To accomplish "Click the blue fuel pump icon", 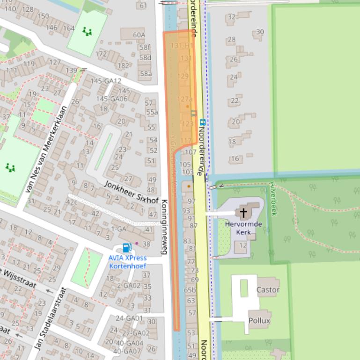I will coord(126,248).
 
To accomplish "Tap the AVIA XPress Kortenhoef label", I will coord(127,262).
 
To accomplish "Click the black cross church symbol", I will coord(243,213).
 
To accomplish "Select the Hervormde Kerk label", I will coord(243,228).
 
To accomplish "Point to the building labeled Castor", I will coord(268,289).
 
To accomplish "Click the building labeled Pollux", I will coord(259,320).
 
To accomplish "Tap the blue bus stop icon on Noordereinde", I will coord(202,122).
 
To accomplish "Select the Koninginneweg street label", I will coord(164,227).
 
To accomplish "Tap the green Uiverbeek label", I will coord(273,199).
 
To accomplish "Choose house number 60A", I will coord(139,35).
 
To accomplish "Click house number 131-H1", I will coord(182,45).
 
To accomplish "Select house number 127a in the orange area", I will coord(185,99).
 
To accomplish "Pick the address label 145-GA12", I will coord(105,81).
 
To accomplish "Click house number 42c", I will coord(71,202).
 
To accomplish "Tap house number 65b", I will coord(190,290).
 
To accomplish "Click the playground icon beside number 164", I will coord(87,32).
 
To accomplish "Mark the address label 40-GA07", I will coord(128,351).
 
